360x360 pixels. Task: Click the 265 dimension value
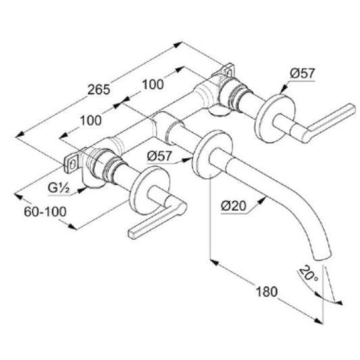coord(99,90)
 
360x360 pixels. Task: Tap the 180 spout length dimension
coord(267,292)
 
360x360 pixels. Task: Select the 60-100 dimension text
coord(45,211)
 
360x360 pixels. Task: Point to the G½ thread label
coord(59,188)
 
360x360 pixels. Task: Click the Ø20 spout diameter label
coord(234,206)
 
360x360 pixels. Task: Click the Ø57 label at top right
coord(302,74)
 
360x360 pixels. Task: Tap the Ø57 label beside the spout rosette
coord(159,156)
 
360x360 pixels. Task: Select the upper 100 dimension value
coord(153,84)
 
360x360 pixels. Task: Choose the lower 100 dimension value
coord(91,120)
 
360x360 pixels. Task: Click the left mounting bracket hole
coord(72,164)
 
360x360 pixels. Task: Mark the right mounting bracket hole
coord(229,73)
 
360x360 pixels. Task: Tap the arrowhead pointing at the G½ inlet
coord(82,190)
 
